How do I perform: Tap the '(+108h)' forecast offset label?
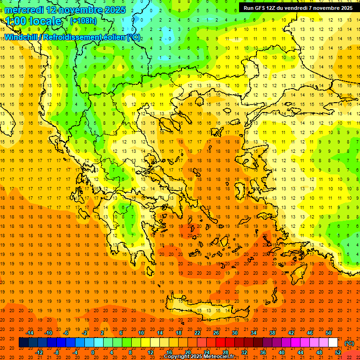point(83,21)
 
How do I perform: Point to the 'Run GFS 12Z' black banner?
point(298,7)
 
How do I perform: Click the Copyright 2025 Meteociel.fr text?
point(199,357)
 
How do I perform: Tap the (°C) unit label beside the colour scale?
point(349,343)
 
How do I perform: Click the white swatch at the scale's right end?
point(333,343)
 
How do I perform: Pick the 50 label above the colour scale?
point(328,333)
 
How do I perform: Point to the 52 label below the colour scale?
point(338,352)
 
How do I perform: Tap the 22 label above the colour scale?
point(197,333)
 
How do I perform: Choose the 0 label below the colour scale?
point(93,352)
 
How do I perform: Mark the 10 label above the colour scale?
point(141,333)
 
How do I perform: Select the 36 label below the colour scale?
point(263,352)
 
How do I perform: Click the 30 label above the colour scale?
point(235,333)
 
